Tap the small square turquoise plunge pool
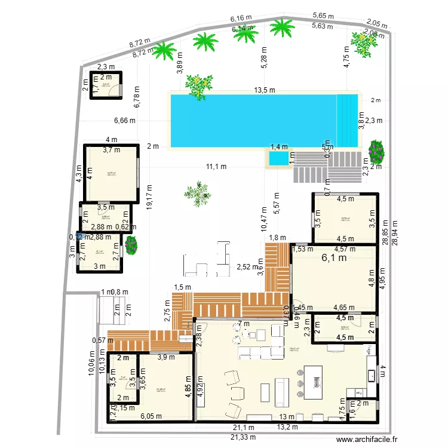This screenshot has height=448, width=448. point(277,159)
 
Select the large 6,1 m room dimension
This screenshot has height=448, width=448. point(334,259)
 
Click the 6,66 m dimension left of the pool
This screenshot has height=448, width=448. point(124,120)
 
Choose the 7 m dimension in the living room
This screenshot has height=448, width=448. point(243,324)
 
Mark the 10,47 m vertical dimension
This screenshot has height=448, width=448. point(263,219)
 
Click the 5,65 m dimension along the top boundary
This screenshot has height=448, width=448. point(323,16)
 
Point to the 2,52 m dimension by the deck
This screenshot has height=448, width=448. point(247,267)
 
